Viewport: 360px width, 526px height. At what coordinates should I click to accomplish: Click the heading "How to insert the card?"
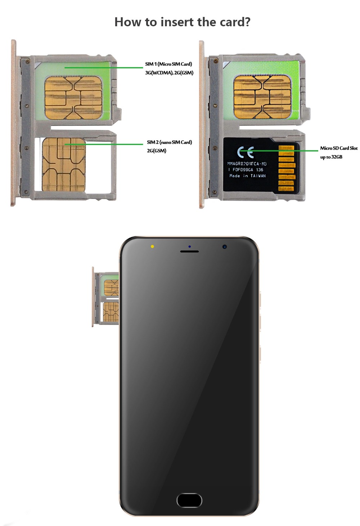pos(182,22)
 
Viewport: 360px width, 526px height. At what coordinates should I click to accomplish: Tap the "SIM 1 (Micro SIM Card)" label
pos(168,64)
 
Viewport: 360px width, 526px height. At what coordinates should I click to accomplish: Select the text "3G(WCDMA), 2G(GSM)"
pos(169,73)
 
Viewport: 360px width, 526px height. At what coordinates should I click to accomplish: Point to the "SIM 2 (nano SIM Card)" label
pos(169,142)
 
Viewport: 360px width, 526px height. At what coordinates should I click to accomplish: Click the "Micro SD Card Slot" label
pos(339,148)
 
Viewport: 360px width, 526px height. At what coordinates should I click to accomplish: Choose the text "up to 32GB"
pos(331,157)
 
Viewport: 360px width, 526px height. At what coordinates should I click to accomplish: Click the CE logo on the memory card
pos(246,152)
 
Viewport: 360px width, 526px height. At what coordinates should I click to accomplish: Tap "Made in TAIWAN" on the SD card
pos(247,176)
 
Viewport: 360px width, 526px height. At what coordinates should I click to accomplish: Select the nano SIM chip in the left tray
pos(64,164)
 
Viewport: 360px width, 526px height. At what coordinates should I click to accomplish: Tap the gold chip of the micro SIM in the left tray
pos(73,98)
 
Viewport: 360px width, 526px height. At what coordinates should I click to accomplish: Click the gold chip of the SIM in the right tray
pos(262,97)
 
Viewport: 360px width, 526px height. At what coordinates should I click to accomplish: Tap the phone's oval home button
pos(189,500)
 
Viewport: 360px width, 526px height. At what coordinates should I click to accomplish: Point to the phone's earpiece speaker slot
pos(189,251)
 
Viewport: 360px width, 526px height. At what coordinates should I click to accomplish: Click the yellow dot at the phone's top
pos(152,246)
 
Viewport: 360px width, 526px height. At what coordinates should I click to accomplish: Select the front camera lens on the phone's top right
pos(225,247)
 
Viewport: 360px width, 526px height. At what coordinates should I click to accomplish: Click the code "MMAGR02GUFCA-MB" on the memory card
pos(247,164)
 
